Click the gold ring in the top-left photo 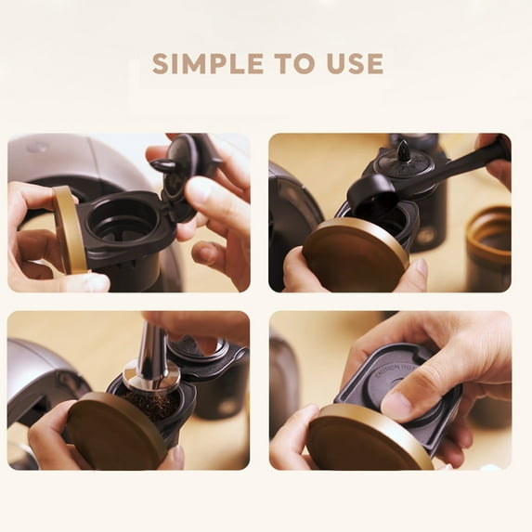(70, 229)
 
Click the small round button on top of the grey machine (37, 147)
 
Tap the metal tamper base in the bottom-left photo (150, 376)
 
